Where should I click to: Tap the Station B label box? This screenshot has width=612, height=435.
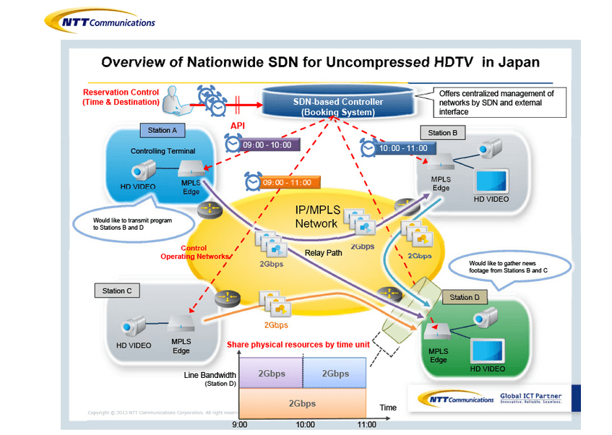point(442,133)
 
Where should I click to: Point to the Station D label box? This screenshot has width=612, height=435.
point(464,297)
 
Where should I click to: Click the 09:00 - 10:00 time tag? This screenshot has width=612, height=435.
point(267,145)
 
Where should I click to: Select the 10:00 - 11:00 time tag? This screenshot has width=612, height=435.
point(402,148)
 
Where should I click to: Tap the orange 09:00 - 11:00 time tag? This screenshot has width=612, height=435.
point(287,183)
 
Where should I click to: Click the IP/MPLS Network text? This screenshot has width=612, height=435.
point(316,217)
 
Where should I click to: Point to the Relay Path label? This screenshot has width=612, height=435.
point(322,253)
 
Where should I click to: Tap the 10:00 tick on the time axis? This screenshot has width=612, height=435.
point(304,425)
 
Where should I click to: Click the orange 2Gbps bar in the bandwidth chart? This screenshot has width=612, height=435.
point(303,402)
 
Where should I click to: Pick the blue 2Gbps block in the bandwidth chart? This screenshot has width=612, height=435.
point(335,374)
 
